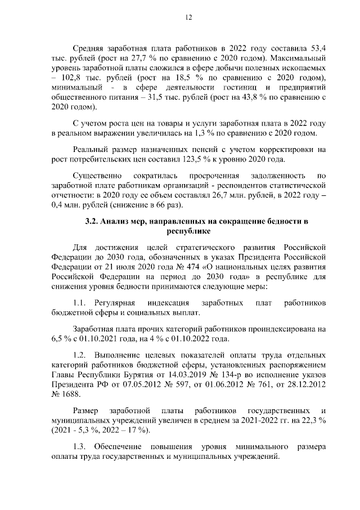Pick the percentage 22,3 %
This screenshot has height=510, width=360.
tap(314, 420)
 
